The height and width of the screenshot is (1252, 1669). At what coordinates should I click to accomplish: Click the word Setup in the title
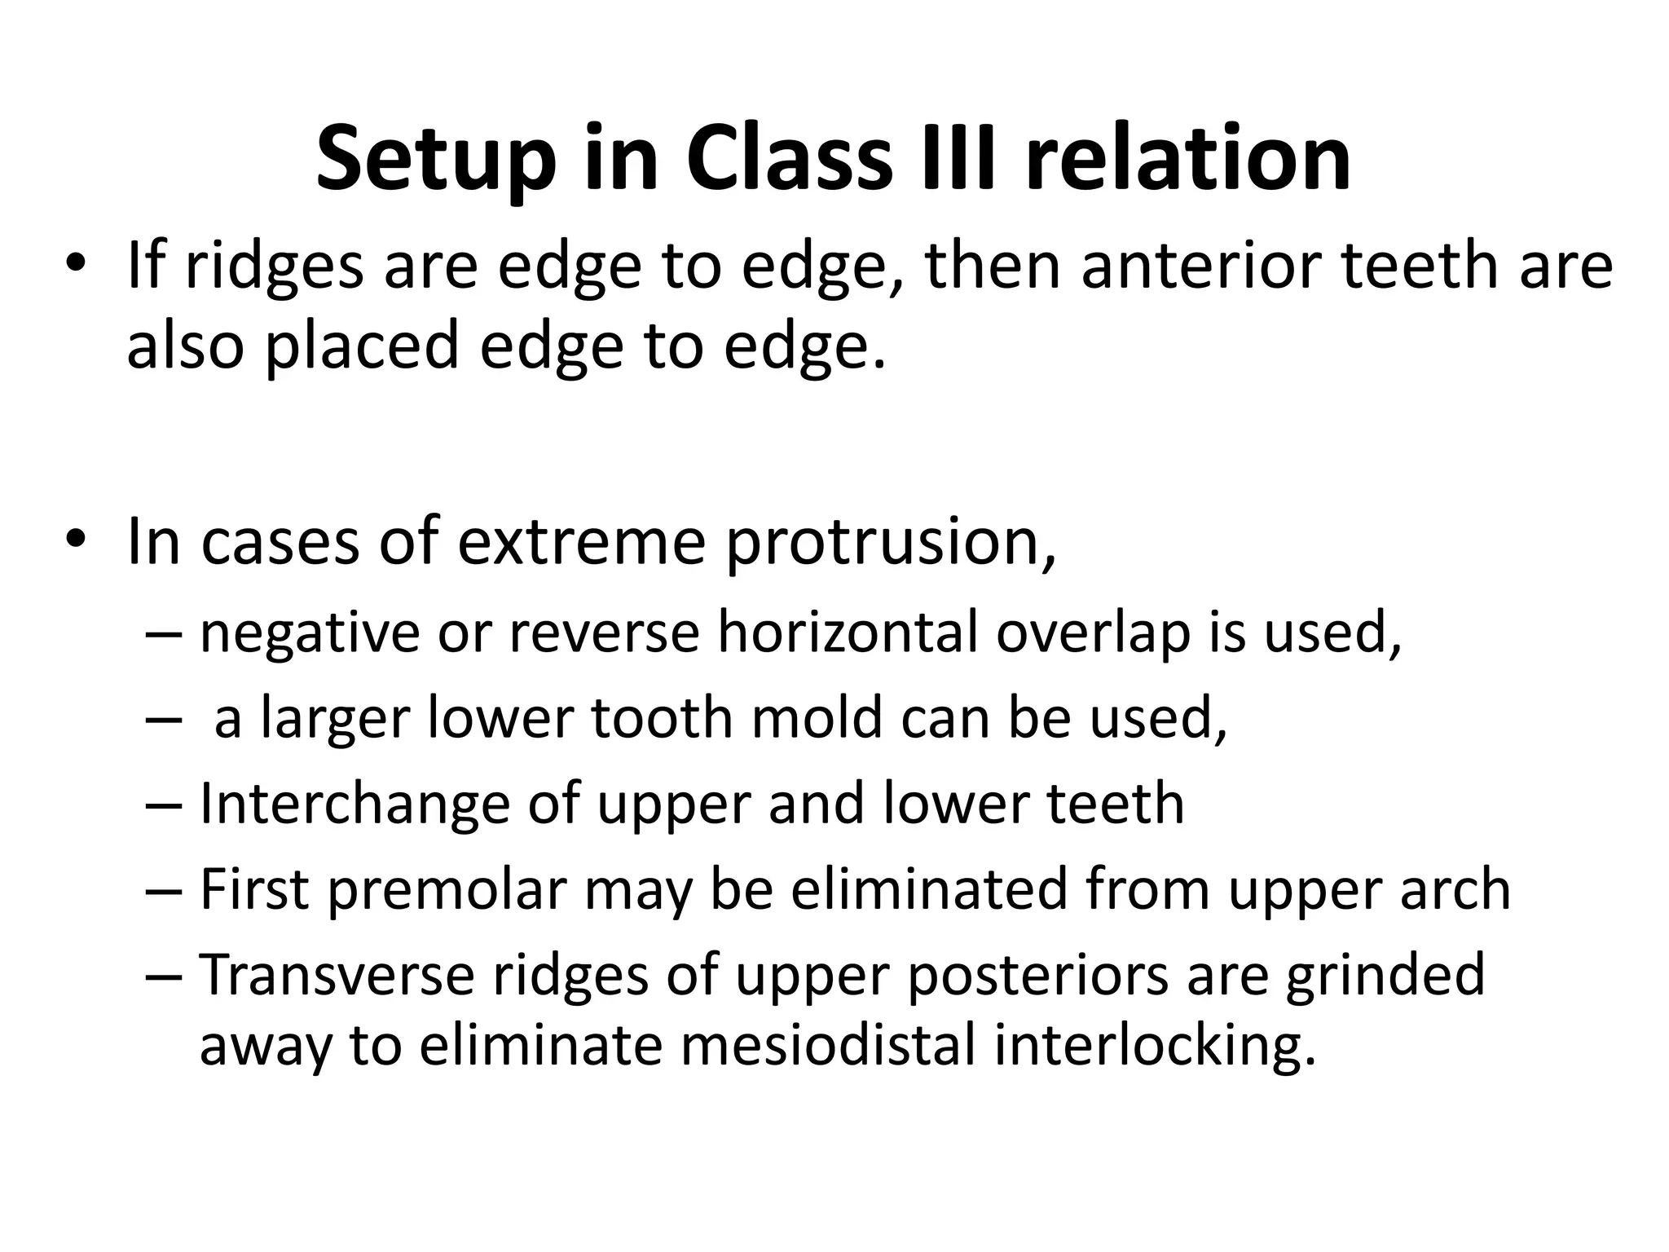click(x=437, y=159)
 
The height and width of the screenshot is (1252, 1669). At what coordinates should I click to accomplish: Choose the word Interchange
click(x=354, y=804)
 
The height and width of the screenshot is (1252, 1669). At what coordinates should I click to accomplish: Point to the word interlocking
click(x=1156, y=1047)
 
